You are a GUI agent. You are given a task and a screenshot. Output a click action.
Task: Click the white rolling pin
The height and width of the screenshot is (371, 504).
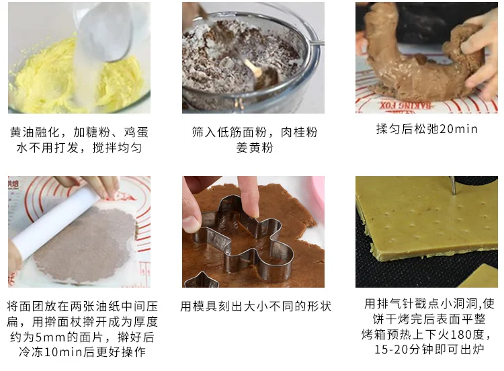[54, 222]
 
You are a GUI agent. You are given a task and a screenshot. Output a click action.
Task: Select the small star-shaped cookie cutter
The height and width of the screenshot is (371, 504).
[202, 280]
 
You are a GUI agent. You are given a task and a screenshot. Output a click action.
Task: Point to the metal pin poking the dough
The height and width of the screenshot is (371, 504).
[453, 185]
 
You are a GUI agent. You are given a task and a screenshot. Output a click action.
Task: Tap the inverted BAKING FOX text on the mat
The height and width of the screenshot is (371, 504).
[406, 106]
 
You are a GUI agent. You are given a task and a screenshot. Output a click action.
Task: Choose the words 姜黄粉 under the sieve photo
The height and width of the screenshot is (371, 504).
[254, 148]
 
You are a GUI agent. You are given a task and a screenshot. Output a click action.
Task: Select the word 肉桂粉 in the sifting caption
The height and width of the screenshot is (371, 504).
[299, 132]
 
